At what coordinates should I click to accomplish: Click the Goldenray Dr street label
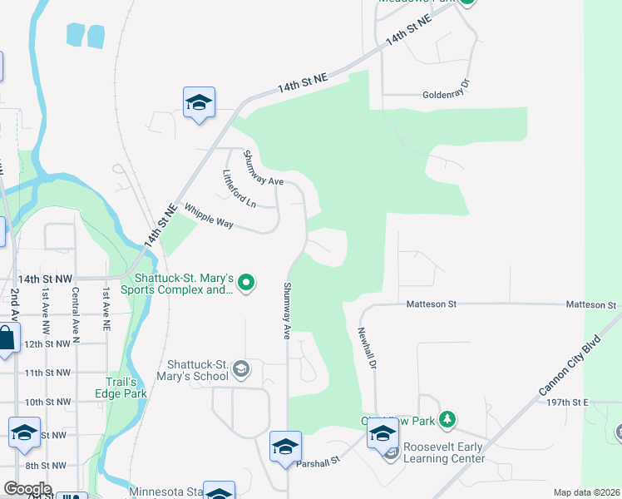447,94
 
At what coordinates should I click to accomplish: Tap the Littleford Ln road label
239,189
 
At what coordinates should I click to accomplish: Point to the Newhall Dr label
368,348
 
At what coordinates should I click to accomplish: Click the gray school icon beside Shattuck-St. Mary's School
241,368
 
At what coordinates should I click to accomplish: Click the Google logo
27,489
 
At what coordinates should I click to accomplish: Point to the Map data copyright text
587,492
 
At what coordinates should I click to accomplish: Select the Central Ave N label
76,316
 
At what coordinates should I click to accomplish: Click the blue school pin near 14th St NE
199,103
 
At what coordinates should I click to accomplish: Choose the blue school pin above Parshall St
285,447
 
